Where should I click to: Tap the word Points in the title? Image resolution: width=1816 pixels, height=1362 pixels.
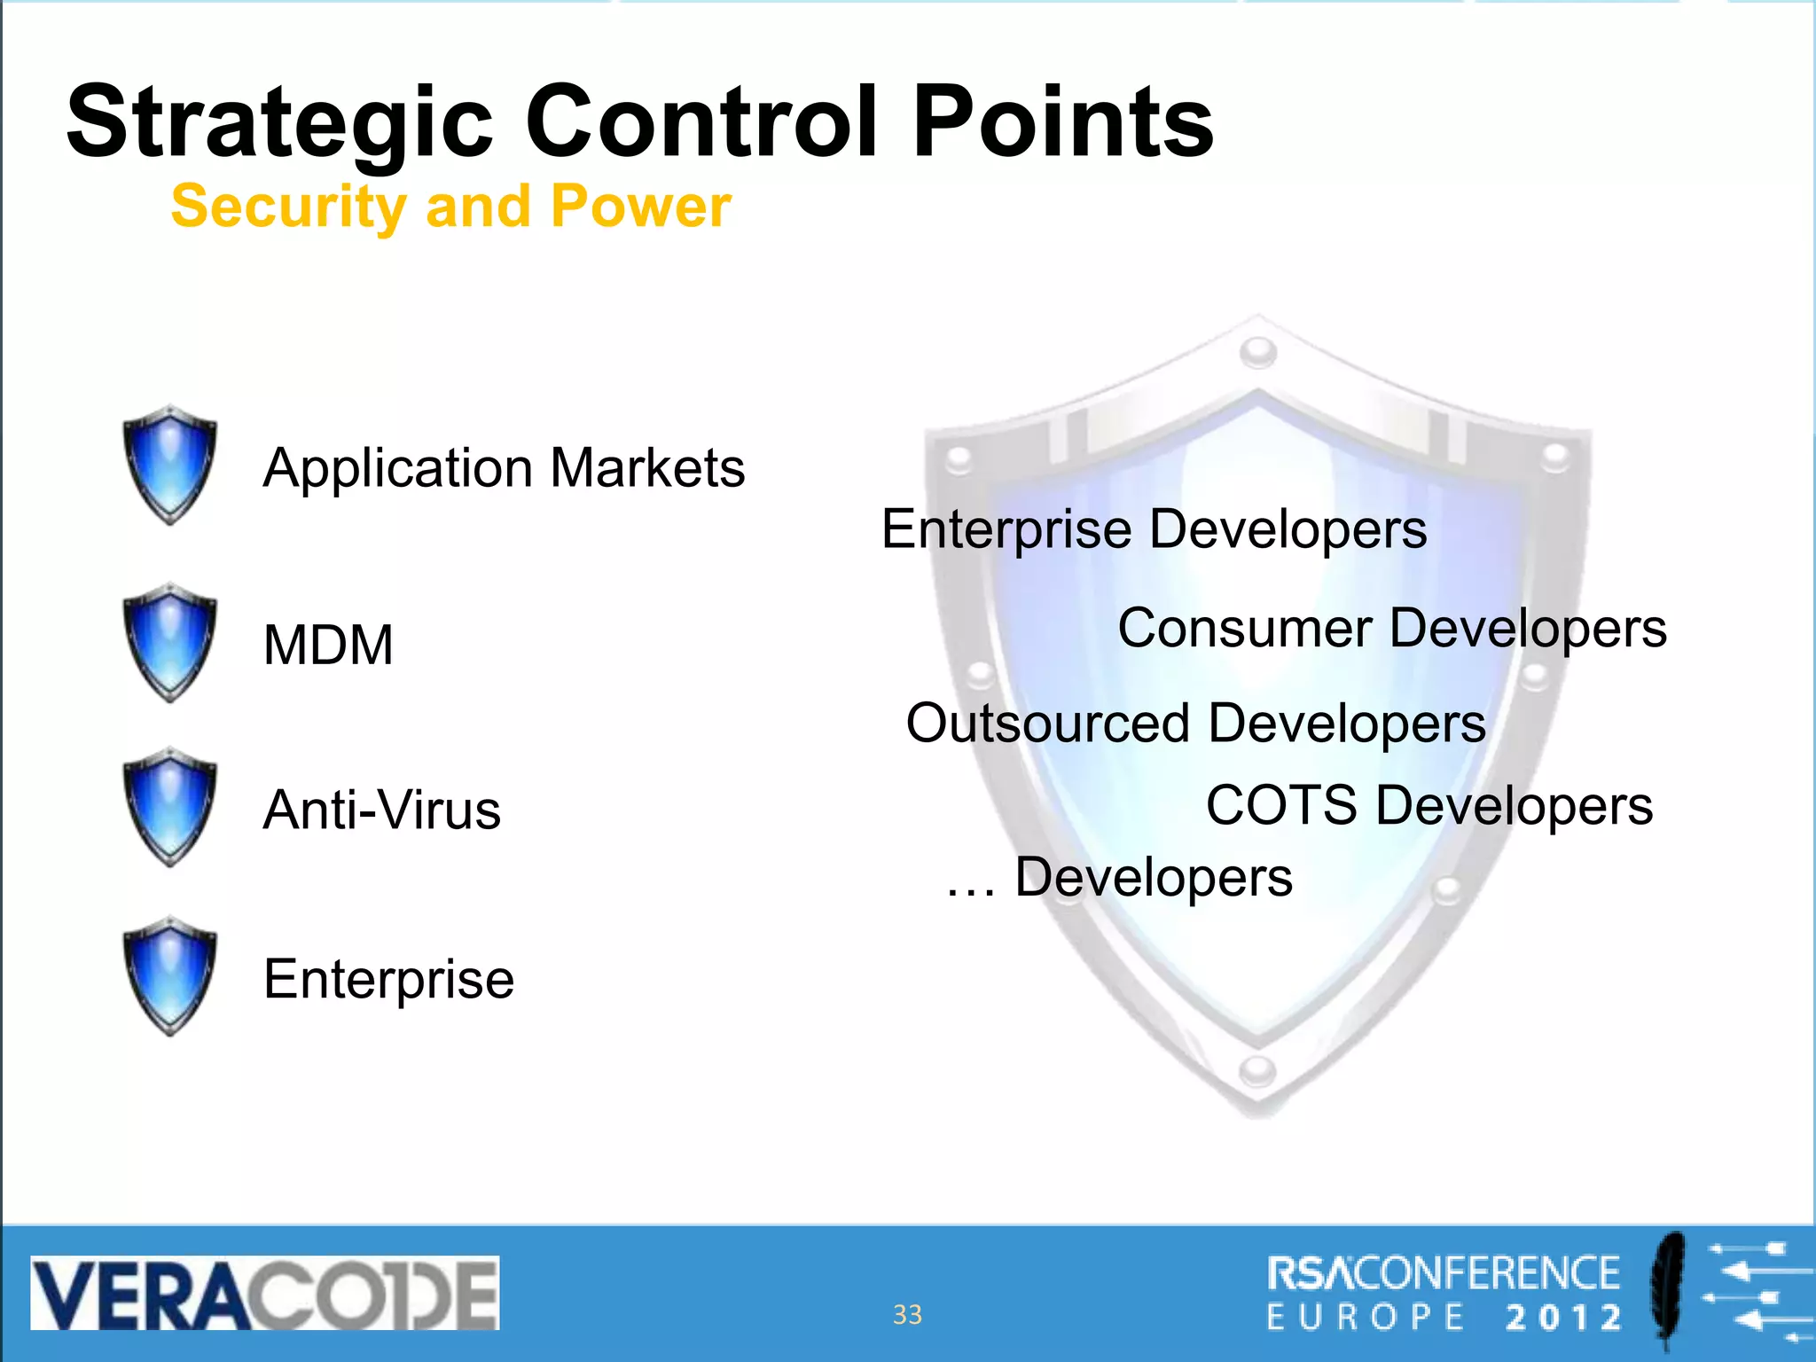click(x=1063, y=121)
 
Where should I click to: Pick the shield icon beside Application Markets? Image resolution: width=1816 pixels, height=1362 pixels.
click(x=169, y=464)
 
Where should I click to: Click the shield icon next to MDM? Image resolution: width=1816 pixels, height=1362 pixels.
click(x=169, y=642)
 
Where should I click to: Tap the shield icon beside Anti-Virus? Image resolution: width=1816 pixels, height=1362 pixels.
click(x=169, y=807)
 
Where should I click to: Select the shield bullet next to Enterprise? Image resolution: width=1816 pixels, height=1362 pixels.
click(x=169, y=975)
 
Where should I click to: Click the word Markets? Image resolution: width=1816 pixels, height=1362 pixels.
click(x=647, y=468)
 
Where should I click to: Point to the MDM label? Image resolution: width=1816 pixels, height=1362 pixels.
click(x=328, y=645)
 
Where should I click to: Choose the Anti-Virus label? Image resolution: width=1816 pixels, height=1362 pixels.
click(x=382, y=810)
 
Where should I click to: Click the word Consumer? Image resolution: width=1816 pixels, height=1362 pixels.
click(x=1245, y=629)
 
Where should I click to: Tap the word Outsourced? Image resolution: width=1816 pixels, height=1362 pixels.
click(x=1047, y=724)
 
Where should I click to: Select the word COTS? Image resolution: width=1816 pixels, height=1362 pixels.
click(x=1281, y=806)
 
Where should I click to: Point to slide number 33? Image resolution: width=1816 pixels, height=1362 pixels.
click(x=907, y=1314)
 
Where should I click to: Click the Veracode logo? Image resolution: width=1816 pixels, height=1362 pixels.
click(x=265, y=1293)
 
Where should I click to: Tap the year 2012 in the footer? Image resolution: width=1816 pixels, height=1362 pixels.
click(x=1563, y=1318)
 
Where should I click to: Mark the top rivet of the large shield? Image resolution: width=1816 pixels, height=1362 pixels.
click(x=1257, y=352)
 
